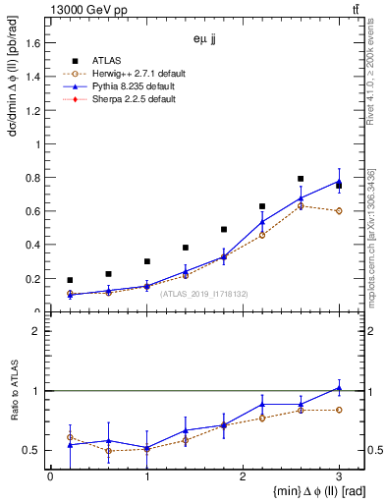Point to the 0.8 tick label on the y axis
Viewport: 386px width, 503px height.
[x=34, y=178]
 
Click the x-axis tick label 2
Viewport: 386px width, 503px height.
[x=243, y=476]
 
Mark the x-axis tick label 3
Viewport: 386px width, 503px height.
[x=339, y=476]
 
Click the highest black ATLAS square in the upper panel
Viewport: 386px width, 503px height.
[x=301, y=179]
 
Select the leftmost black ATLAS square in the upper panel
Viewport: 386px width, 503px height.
[x=70, y=280]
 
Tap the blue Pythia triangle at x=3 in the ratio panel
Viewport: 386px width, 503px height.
[x=339, y=388]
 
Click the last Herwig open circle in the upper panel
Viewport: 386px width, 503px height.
[x=339, y=211]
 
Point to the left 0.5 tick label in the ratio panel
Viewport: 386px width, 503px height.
[x=34, y=450]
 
